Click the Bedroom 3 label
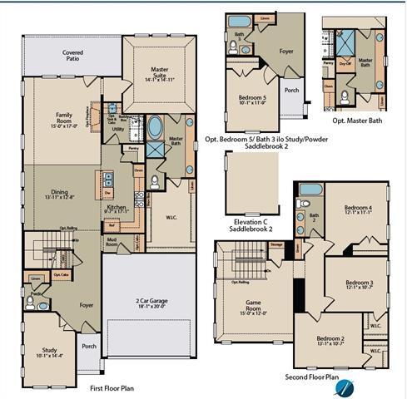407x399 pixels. [x=358, y=283]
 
